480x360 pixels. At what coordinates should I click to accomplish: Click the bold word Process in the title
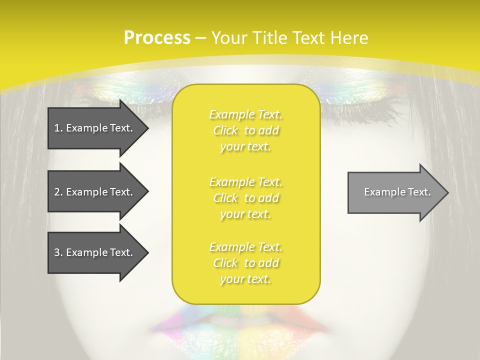click(157, 38)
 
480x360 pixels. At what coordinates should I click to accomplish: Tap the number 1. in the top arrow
click(58, 128)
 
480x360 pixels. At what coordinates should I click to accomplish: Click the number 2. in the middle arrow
click(58, 192)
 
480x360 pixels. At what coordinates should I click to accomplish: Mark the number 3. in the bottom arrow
click(58, 252)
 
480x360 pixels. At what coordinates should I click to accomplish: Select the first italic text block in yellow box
click(246, 130)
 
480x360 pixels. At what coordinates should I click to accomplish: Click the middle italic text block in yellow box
click(246, 198)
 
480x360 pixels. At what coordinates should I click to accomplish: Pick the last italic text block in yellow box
click(246, 263)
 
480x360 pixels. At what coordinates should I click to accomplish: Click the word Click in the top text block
click(226, 131)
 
